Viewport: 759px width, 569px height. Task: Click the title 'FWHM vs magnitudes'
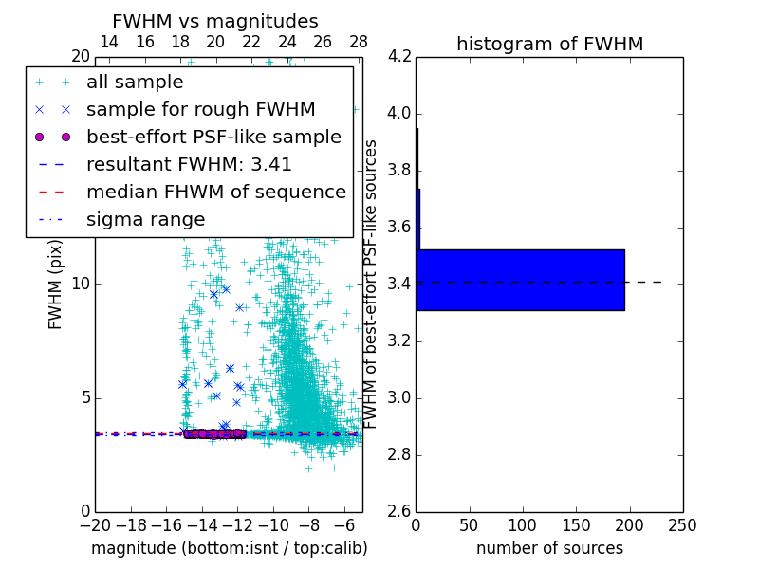click(215, 21)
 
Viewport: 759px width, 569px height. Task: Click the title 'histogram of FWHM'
click(549, 44)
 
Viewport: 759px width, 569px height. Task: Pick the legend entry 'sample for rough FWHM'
click(200, 109)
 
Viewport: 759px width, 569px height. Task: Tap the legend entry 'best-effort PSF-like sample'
click(213, 137)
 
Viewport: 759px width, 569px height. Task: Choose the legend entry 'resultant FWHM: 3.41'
click(189, 164)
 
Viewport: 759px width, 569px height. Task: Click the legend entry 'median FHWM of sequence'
click(215, 192)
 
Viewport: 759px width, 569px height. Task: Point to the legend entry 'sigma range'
click(145, 219)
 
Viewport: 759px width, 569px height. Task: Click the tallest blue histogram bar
click(520, 280)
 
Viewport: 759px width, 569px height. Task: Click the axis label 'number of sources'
click(549, 548)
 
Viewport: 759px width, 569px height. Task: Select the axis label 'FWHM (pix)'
click(56, 284)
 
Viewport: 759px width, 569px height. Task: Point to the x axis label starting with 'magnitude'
click(229, 548)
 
